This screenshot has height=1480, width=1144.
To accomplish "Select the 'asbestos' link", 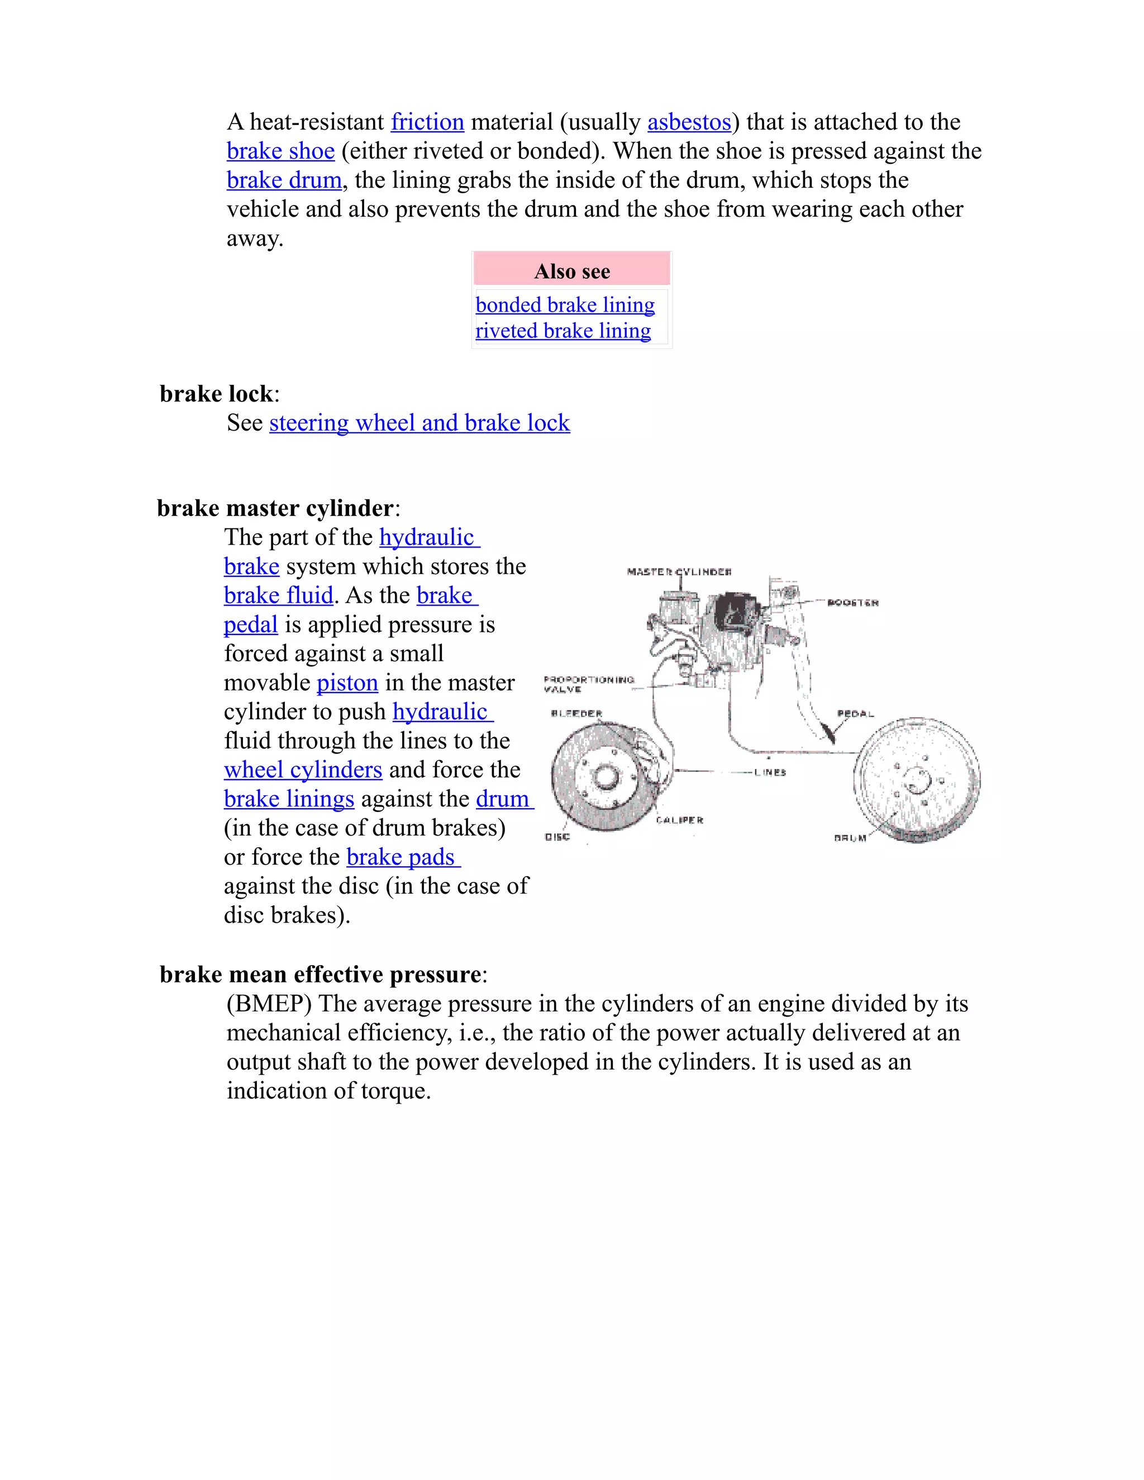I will pos(689,122).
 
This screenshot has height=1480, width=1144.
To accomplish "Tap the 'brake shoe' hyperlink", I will pos(280,151).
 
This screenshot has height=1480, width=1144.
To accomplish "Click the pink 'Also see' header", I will pos(571,271).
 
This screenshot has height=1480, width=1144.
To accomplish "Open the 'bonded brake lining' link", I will pos(565,305).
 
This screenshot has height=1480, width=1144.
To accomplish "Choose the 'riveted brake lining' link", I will pos(563,331).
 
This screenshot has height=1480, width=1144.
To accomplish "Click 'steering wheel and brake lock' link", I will pos(419,423).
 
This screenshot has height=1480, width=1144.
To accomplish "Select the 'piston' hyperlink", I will pos(347,682).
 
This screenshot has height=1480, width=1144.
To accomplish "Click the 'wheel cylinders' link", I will pos(303,770).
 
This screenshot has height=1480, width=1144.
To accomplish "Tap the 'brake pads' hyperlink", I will pos(403,857).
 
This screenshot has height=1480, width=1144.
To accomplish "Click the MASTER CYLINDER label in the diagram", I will pos(679,572).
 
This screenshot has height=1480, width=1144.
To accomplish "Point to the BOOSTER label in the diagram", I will pos(852,603).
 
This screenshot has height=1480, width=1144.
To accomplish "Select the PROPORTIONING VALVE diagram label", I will pos(588,684).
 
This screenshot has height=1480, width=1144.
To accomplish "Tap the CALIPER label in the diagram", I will pos(679,820).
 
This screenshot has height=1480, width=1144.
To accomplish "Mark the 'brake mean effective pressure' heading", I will pos(320,975).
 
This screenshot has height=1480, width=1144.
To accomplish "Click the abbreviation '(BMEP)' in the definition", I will pos(269,1004).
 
